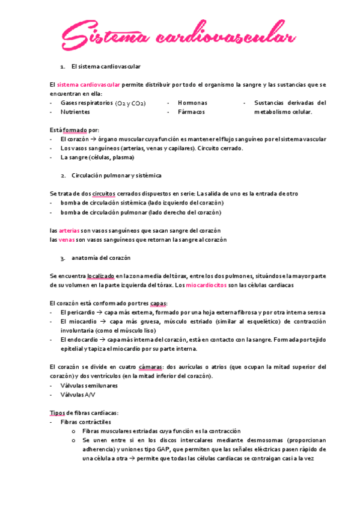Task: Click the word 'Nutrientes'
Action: [x=75, y=111]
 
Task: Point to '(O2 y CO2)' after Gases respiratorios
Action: [x=131, y=103]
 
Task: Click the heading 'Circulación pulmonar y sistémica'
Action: [x=116, y=176]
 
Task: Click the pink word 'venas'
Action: [x=67, y=239]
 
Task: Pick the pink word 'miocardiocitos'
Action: [x=206, y=285]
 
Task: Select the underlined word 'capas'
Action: [x=159, y=303]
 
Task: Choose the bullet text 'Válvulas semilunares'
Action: [x=89, y=386]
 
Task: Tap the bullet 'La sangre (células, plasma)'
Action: [x=97, y=158]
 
